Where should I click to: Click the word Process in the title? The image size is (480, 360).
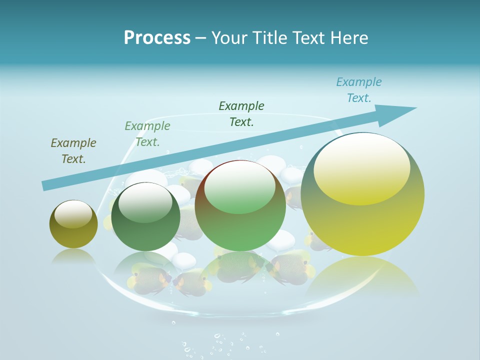pos(157,37)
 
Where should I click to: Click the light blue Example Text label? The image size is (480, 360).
pos(358,90)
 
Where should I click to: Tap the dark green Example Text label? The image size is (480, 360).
pos(241,113)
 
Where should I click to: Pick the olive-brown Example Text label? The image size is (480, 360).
pos(73,150)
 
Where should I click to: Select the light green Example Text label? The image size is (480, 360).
pos(147,133)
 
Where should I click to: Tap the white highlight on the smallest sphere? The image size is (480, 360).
pos(73,213)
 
